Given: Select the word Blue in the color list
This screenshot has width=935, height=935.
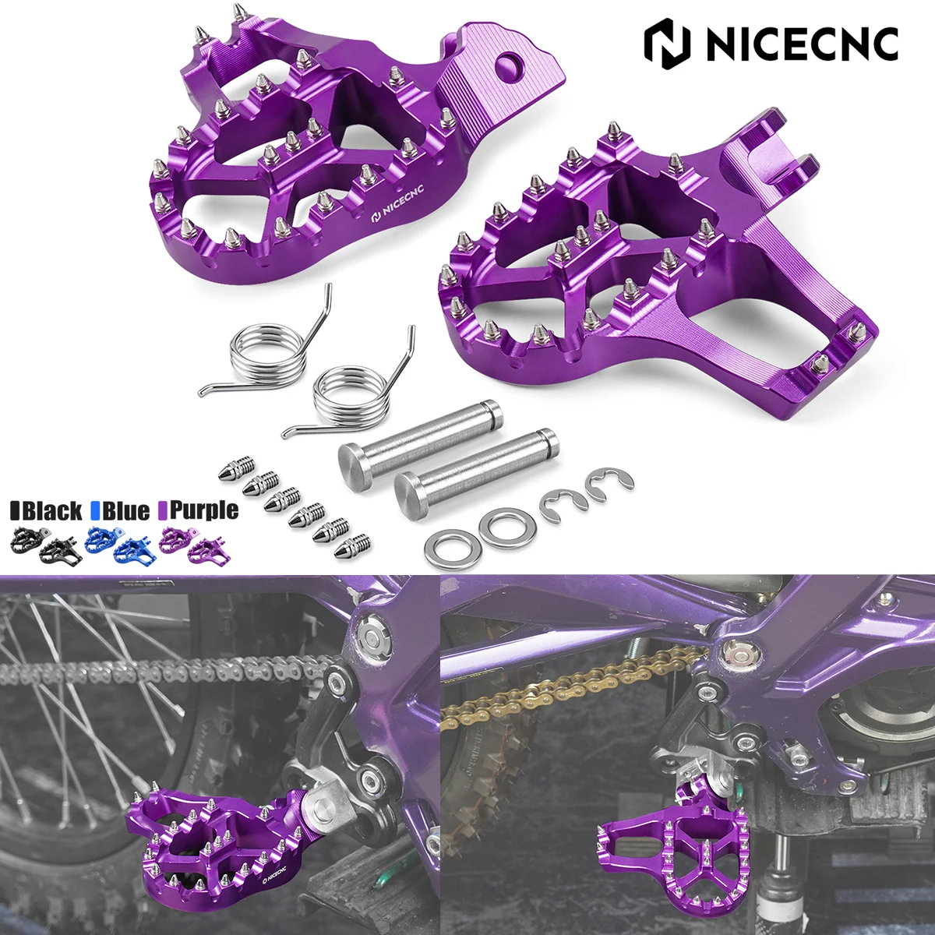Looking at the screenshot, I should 125,510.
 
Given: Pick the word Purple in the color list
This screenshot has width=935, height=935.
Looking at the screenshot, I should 203,510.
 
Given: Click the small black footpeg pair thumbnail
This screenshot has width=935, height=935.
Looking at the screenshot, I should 43,544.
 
